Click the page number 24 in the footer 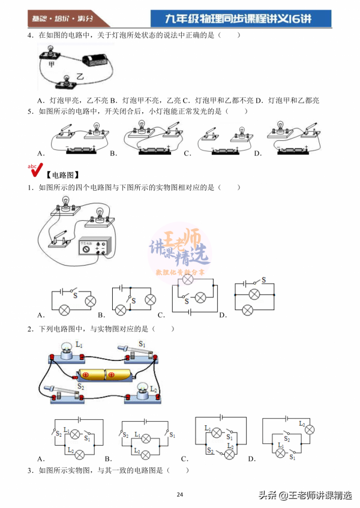point(180,494)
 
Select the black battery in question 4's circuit point(96,60)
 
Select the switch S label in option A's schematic point(75,295)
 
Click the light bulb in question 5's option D point(280,127)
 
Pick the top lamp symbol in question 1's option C point(188,279)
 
